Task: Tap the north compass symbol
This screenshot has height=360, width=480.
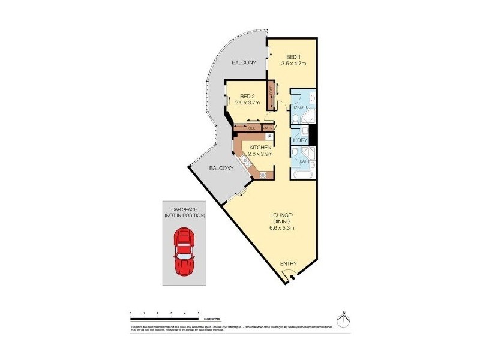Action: click(342, 320)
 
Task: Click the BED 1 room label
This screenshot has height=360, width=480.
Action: click(293, 56)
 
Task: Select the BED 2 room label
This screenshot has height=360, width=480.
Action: click(248, 96)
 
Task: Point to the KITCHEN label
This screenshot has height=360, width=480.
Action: click(257, 148)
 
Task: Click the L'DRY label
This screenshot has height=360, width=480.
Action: click(300, 141)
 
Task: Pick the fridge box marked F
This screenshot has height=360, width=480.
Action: click(269, 137)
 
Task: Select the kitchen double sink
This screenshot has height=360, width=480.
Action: click(245, 160)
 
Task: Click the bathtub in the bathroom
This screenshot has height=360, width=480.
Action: click(302, 175)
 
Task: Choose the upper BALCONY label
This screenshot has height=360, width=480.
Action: click(244, 62)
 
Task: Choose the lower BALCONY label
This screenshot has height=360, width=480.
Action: click(221, 169)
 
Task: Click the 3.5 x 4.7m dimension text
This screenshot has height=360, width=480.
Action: click(294, 63)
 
